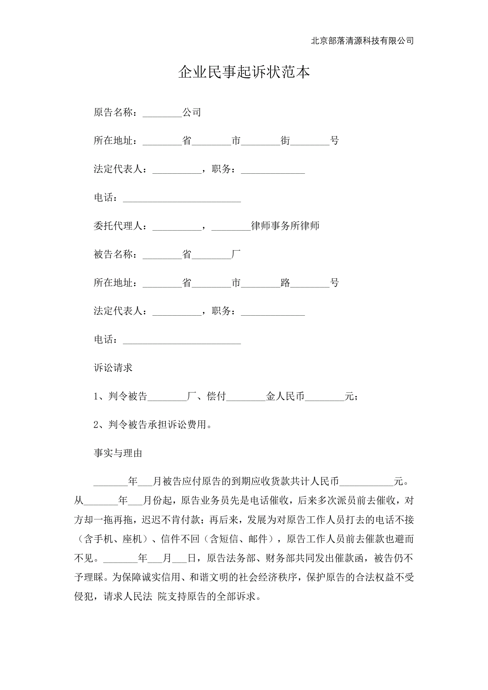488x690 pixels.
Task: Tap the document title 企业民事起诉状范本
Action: pyautogui.click(x=244, y=72)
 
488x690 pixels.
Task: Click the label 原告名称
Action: pyautogui.click(x=113, y=112)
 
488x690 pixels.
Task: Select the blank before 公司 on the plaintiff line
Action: pyautogui.click(x=162, y=113)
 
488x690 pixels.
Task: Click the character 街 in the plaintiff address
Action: pyautogui.click(x=285, y=140)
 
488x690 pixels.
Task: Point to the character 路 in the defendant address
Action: pyautogui.click(x=285, y=283)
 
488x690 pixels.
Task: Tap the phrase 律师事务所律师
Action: pyautogui.click(x=285, y=226)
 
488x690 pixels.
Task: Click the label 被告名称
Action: pyautogui.click(x=113, y=254)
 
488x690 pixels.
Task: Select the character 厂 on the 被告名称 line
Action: pyautogui.click(x=236, y=254)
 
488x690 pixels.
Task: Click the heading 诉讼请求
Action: pyautogui.click(x=113, y=368)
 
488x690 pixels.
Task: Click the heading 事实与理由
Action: pyautogui.click(x=118, y=453)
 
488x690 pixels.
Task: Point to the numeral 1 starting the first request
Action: pyautogui.click(x=96, y=396)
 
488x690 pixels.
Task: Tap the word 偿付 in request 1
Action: pyautogui.click(x=216, y=396)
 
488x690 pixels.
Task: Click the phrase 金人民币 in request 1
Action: pyautogui.click(x=285, y=396)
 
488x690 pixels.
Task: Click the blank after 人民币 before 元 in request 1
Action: pyautogui.click(x=324, y=397)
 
